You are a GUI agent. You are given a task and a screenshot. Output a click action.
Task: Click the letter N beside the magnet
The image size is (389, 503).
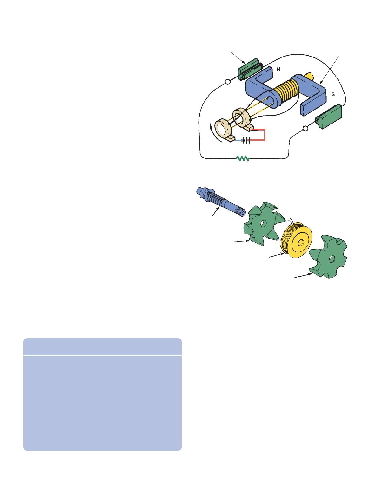point(278,69)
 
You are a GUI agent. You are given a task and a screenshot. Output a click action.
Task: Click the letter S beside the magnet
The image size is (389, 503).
point(333,94)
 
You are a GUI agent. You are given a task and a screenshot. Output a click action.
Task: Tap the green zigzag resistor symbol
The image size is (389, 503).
point(243,158)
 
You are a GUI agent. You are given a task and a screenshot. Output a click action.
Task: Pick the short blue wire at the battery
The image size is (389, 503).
point(238,140)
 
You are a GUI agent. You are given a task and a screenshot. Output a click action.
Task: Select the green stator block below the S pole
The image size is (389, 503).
point(329,117)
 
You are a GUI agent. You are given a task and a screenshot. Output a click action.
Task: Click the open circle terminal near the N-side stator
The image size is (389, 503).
point(228,82)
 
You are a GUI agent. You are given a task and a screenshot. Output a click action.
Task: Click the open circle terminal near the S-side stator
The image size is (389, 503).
point(305,129)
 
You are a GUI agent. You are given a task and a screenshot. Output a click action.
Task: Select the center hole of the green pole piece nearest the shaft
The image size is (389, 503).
point(263,224)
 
